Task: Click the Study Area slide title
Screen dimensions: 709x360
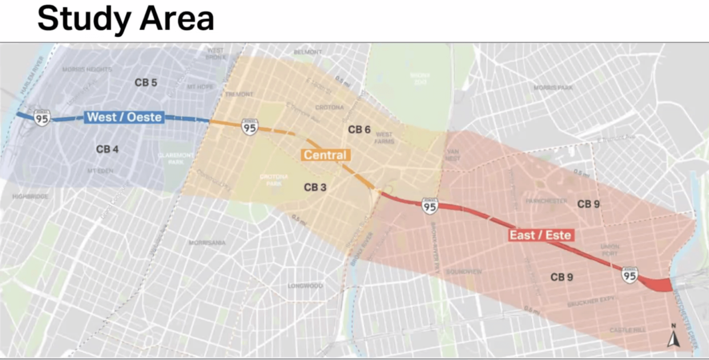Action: pos(126,19)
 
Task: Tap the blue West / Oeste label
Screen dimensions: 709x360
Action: pos(125,117)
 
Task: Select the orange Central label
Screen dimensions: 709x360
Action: pos(325,155)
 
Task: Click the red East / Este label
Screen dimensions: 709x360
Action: pos(540,235)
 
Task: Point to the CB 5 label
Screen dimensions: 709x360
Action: pos(146,82)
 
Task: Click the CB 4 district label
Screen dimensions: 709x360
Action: pos(107,149)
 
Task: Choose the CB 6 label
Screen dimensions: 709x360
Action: pos(359,129)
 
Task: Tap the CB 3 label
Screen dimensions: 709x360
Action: pos(315,188)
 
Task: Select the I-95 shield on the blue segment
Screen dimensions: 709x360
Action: pos(42,118)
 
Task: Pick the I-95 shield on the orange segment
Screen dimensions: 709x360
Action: pos(249,127)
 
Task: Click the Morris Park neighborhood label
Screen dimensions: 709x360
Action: pos(553,88)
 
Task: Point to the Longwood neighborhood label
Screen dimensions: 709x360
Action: pos(305,286)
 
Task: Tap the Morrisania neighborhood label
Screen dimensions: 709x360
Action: pos(207,243)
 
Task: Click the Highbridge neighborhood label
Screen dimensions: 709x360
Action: pos(30,196)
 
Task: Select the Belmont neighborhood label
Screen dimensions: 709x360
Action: pos(308,52)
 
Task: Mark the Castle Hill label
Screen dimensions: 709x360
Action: pos(627,330)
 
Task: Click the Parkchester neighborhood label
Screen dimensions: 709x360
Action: pos(546,201)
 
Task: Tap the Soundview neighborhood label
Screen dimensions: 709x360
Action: pos(464,271)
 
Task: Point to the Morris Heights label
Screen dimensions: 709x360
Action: pos(87,69)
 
